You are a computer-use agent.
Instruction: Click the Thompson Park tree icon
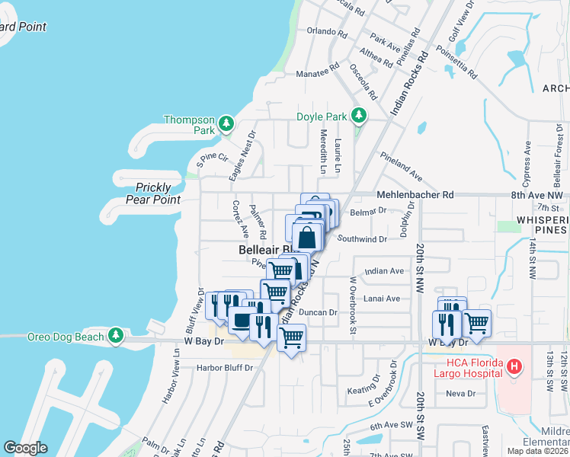(225, 123)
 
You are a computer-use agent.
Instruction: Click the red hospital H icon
(514, 367)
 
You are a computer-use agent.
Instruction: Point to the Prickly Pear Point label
(159, 193)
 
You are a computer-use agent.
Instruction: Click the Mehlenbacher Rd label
(415, 195)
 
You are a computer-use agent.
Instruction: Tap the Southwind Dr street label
(362, 238)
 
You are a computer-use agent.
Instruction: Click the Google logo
(25, 447)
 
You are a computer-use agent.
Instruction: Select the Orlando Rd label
(326, 32)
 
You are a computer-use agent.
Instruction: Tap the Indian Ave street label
(384, 271)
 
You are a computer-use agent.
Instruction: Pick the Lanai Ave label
(381, 299)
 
